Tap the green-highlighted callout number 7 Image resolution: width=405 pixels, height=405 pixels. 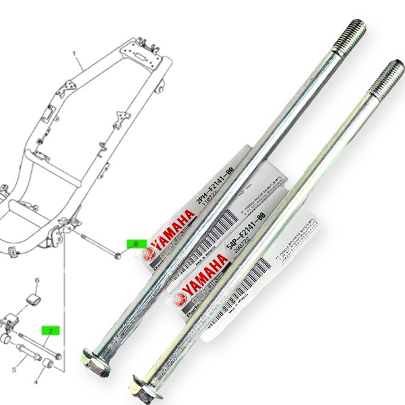pyautogui.click(x=49, y=331)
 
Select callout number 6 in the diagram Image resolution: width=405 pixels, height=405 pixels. pyautogui.click(x=38, y=280)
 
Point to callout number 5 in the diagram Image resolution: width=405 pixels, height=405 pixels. pyautogui.click(x=13, y=369)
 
